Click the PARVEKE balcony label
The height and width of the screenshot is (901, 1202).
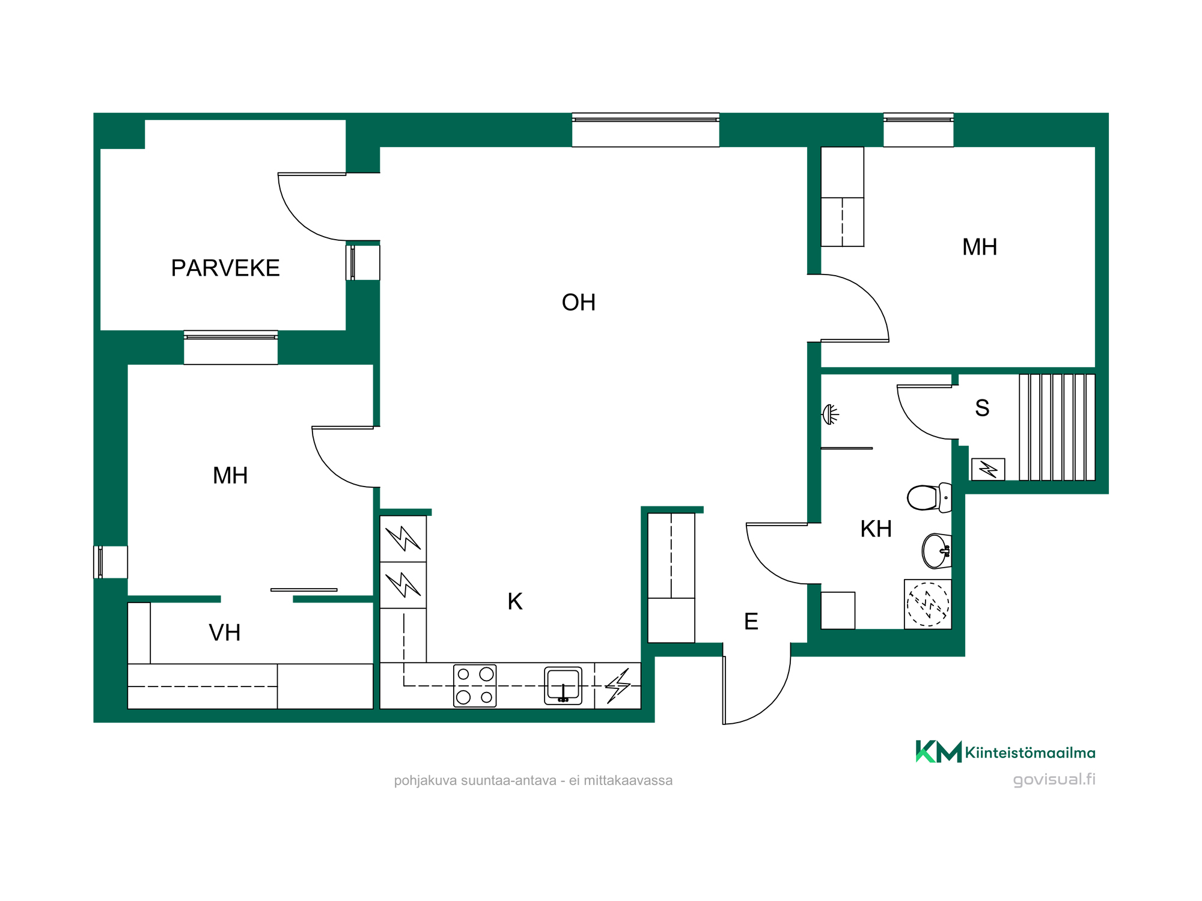click(x=225, y=268)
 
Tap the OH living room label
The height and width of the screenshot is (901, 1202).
click(x=579, y=303)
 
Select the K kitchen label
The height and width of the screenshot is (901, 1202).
click(x=515, y=601)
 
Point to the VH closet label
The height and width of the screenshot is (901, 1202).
click(x=225, y=633)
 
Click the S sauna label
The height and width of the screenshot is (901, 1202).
click(x=982, y=408)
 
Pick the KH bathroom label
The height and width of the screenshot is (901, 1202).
click(x=876, y=529)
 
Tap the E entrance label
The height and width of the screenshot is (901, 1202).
click(x=751, y=621)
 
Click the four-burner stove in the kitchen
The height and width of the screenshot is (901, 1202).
click(x=475, y=685)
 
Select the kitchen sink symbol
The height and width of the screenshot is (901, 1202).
click(x=563, y=685)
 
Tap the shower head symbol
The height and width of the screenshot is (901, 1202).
click(x=830, y=414)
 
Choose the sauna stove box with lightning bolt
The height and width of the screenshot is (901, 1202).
click(x=988, y=469)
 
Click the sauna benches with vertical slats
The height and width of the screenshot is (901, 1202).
click(x=1057, y=427)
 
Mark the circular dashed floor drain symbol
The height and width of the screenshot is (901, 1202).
click(x=928, y=604)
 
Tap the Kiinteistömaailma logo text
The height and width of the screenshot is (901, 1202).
click(x=1030, y=753)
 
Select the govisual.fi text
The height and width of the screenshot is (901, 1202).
click(x=1054, y=779)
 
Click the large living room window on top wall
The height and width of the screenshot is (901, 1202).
click(x=645, y=130)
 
